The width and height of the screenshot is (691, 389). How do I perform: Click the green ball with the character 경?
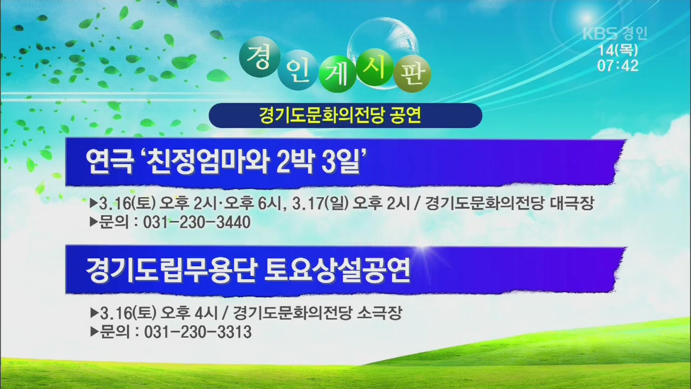[x=260, y=57]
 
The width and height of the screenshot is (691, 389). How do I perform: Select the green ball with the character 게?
[x=338, y=74]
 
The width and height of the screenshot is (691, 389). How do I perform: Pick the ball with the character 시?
[x=375, y=67]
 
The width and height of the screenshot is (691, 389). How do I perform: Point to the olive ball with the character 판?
[x=412, y=74]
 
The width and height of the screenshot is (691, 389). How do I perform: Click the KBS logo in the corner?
[x=600, y=33]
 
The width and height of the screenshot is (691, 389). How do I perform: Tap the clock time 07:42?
[x=618, y=66]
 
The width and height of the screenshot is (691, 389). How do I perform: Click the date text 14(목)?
[x=618, y=50]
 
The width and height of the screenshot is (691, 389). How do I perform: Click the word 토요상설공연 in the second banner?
[x=337, y=270]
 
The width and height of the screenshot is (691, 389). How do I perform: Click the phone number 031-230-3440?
[x=197, y=222]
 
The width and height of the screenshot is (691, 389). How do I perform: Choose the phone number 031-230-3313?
[x=198, y=332]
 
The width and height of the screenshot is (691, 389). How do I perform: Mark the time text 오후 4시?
[x=189, y=313]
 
